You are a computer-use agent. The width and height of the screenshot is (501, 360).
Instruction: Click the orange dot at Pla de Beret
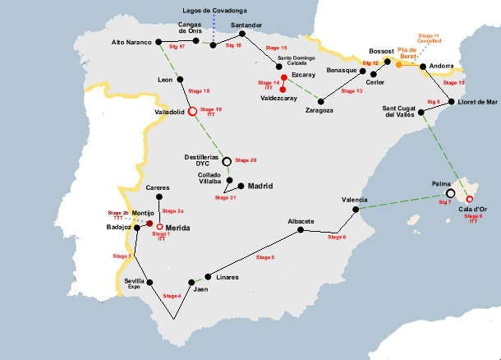pyautogui.click(x=399, y=64)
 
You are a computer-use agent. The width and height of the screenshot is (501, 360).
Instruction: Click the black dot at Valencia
pyautogui.click(x=356, y=210)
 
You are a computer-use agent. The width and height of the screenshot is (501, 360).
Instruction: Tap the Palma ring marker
pyautogui.click(x=450, y=193)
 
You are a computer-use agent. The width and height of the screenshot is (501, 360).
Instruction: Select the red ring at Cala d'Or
pyautogui.click(x=470, y=199)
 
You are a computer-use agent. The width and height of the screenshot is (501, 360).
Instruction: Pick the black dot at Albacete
pyautogui.click(x=301, y=230)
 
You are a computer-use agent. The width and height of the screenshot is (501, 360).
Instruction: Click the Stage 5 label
pyautogui.click(x=265, y=258)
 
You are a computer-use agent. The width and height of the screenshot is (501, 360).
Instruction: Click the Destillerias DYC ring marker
pyautogui.click(x=227, y=162)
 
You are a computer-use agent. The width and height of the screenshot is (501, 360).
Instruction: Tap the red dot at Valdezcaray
pyautogui.click(x=283, y=89)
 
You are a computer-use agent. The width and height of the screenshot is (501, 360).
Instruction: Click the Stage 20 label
pyautogui.click(x=246, y=159)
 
